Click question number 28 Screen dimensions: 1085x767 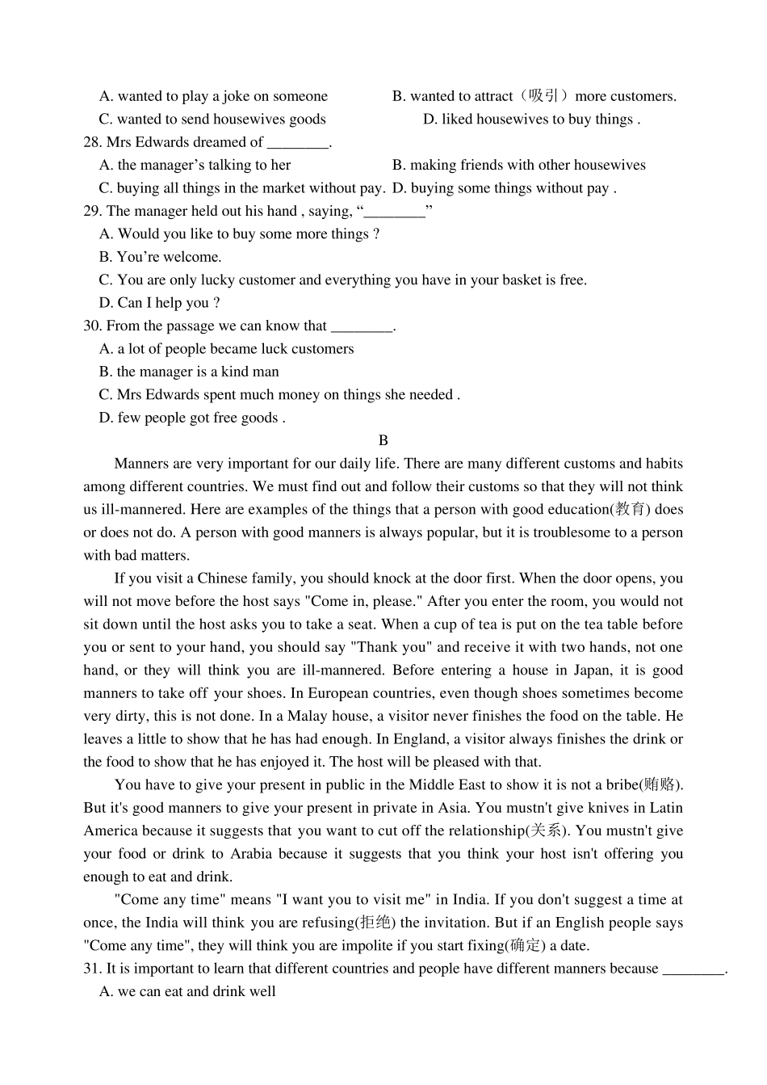point(92,142)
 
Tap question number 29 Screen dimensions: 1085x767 point(92,211)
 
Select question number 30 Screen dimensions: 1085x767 point(92,326)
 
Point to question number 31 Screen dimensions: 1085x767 point(92,968)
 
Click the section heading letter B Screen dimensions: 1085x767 point(383,440)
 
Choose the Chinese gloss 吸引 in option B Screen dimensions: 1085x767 point(543,96)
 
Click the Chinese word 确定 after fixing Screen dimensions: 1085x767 point(526,945)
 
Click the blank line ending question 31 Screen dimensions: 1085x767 point(693,969)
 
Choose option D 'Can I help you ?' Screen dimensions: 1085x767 point(160,303)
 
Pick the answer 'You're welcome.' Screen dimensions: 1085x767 point(161,257)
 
